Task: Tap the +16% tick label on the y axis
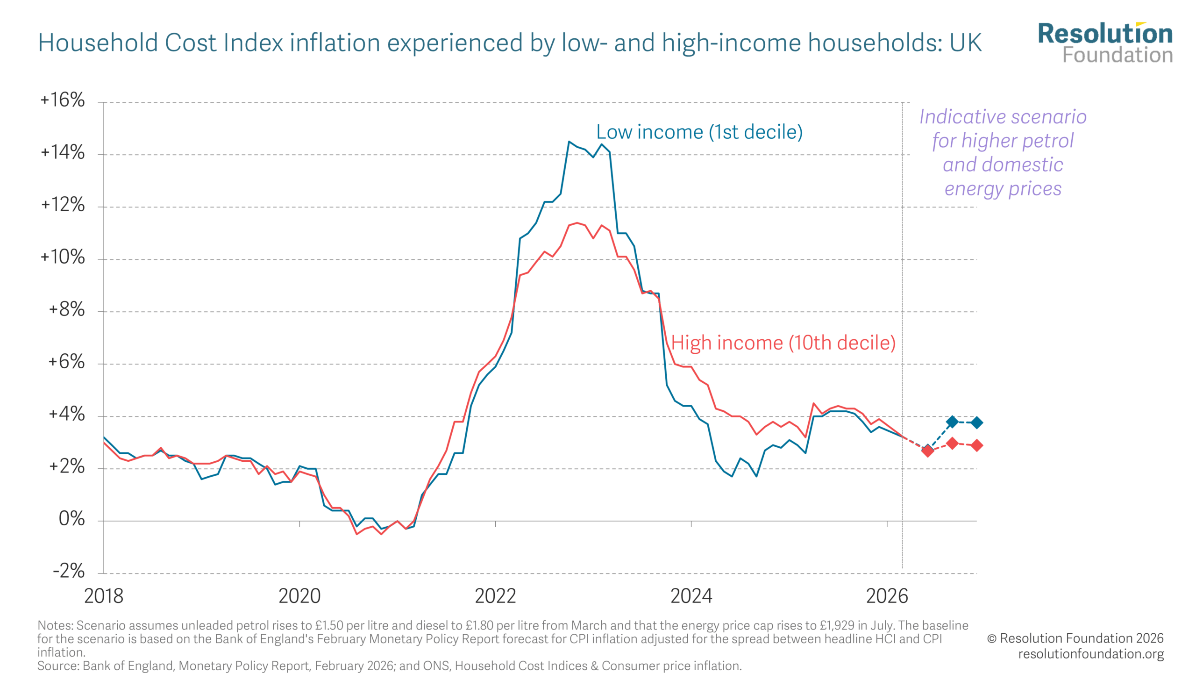click(63, 100)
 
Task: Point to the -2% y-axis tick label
click(68, 571)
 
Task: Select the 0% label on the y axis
click(71, 519)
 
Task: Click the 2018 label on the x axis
click(104, 596)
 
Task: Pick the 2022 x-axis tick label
click(495, 596)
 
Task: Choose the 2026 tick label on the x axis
click(887, 596)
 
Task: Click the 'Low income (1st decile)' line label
click(699, 132)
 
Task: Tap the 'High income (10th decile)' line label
click(783, 343)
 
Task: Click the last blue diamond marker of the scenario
click(976, 422)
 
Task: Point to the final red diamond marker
click(976, 445)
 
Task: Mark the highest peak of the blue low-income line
click(569, 141)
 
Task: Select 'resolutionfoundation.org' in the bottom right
click(1091, 654)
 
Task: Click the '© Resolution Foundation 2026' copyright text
click(1075, 638)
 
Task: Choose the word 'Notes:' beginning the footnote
click(56, 626)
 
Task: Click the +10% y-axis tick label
click(63, 257)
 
